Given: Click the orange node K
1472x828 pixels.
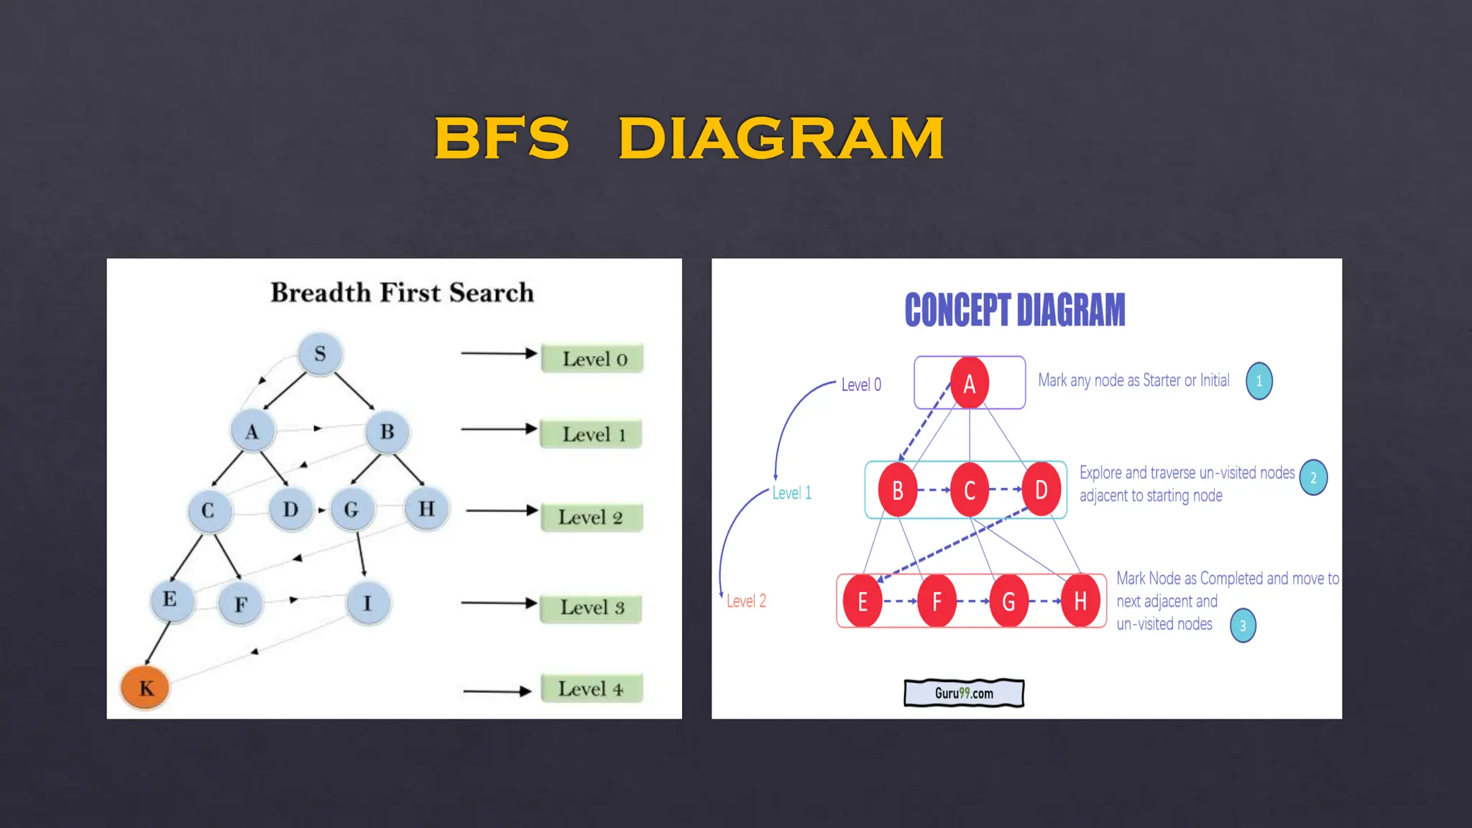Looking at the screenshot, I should click(x=145, y=688).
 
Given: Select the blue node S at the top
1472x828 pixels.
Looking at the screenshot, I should click(x=320, y=354).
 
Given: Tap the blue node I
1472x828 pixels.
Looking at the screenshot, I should click(x=368, y=603).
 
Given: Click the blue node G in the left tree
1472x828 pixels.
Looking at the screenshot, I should click(x=351, y=510).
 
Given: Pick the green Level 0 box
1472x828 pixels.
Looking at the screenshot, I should click(x=592, y=359).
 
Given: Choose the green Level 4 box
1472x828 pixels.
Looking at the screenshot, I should click(x=591, y=689).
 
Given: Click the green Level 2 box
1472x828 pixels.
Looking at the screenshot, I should click(x=591, y=517).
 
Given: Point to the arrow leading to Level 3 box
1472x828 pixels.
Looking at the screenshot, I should click(x=499, y=603).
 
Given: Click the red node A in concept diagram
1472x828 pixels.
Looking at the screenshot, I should click(x=969, y=383).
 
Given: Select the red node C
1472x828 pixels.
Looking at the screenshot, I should click(x=969, y=490).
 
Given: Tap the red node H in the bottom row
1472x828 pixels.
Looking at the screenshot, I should click(x=1080, y=601).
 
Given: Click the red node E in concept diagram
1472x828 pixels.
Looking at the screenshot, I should click(x=862, y=601).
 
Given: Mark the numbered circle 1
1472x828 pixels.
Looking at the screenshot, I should click(x=1259, y=381).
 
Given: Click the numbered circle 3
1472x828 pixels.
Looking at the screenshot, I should click(x=1243, y=625).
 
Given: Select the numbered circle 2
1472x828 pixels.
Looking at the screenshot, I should click(x=1313, y=478).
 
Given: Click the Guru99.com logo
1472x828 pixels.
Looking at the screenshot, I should click(x=964, y=693).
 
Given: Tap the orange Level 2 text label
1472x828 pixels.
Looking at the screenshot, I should click(x=746, y=601).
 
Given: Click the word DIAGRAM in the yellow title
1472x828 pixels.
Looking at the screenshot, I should click(x=781, y=138).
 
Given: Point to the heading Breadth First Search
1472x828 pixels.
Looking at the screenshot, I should click(x=402, y=293).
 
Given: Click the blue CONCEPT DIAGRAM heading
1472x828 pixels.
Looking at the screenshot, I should click(x=1014, y=310).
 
